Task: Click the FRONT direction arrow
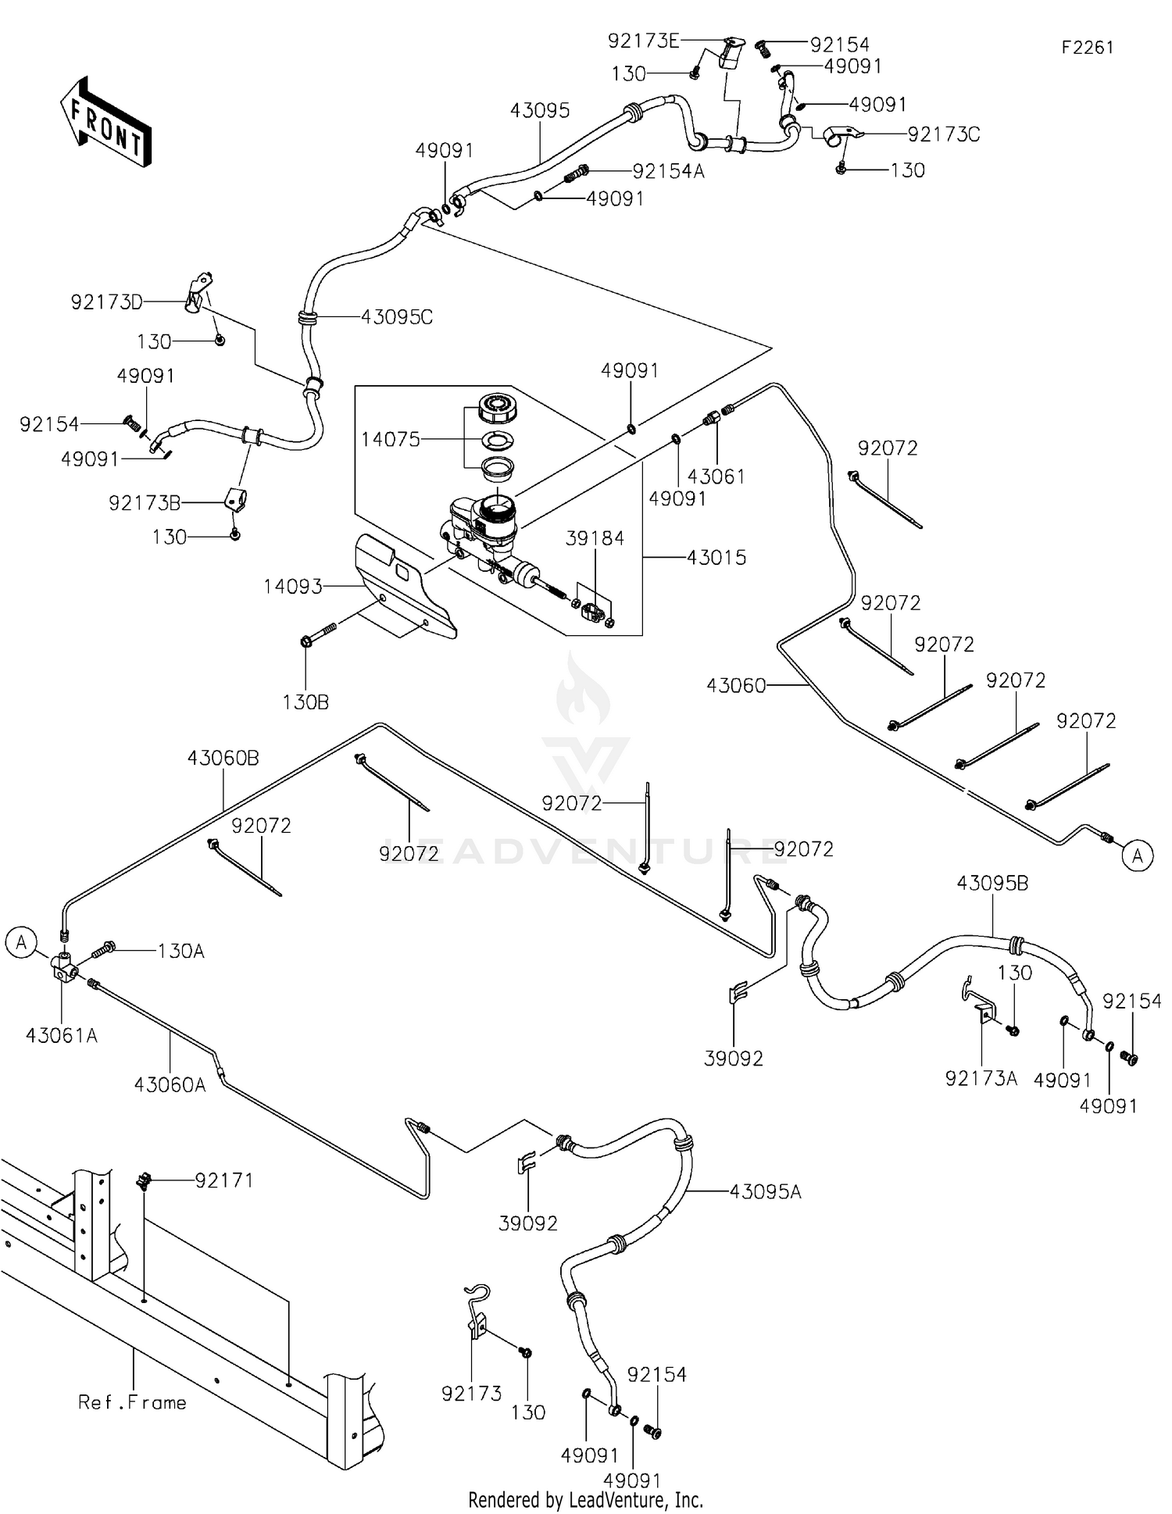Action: coord(105,122)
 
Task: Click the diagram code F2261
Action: coord(1087,48)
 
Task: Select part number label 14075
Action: coord(390,439)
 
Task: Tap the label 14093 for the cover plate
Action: coord(293,586)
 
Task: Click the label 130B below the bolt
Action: coord(306,702)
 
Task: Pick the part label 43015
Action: coord(716,557)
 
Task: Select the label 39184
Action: coord(595,538)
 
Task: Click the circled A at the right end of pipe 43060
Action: coord(1137,855)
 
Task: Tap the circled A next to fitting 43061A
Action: coord(21,942)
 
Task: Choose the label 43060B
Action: coord(223,758)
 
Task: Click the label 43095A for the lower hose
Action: coord(765,1191)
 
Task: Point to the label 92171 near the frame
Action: coord(224,1180)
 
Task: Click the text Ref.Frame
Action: coord(132,1402)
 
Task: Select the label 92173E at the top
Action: coord(644,41)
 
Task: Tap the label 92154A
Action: coord(668,171)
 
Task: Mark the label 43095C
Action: coord(397,317)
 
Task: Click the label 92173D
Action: coord(107,302)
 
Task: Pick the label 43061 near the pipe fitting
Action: coord(716,476)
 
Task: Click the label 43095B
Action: coord(992,884)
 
